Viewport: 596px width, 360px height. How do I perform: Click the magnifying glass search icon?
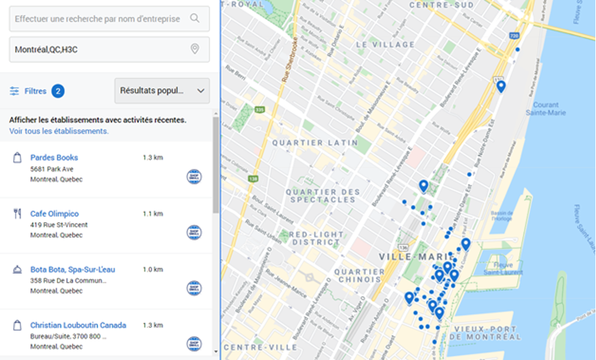pyautogui.click(x=194, y=18)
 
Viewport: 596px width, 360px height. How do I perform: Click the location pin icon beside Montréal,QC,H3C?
pyautogui.click(x=194, y=49)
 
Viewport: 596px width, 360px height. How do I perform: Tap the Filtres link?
pyautogui.click(x=36, y=91)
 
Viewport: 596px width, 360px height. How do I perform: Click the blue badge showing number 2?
pyautogui.click(x=58, y=91)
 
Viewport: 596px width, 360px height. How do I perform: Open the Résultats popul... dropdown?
pyautogui.click(x=162, y=91)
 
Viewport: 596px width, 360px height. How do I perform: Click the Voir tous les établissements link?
pyautogui.click(x=59, y=131)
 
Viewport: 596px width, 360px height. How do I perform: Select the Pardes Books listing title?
pyautogui.click(x=54, y=158)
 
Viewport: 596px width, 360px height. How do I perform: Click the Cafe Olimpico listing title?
pyautogui.click(x=54, y=214)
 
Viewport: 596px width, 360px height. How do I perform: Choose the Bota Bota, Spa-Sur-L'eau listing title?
pyautogui.click(x=73, y=270)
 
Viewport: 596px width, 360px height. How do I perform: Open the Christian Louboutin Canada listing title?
pyautogui.click(x=78, y=325)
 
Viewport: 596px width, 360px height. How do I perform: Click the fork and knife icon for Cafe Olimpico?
pyautogui.click(x=17, y=214)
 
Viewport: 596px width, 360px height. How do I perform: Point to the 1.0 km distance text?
pyautogui.click(x=152, y=270)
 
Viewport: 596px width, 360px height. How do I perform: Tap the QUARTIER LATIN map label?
pyautogui.click(x=315, y=142)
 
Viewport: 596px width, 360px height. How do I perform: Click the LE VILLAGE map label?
pyautogui.click(x=385, y=44)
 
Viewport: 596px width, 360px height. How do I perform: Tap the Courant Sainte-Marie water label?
pyautogui.click(x=545, y=109)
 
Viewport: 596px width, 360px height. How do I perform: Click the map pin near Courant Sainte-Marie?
pyautogui.click(x=501, y=86)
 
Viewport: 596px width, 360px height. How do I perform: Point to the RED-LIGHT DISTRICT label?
pyautogui.click(x=316, y=237)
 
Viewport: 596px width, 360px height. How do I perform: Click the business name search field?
pyautogui.click(x=99, y=18)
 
